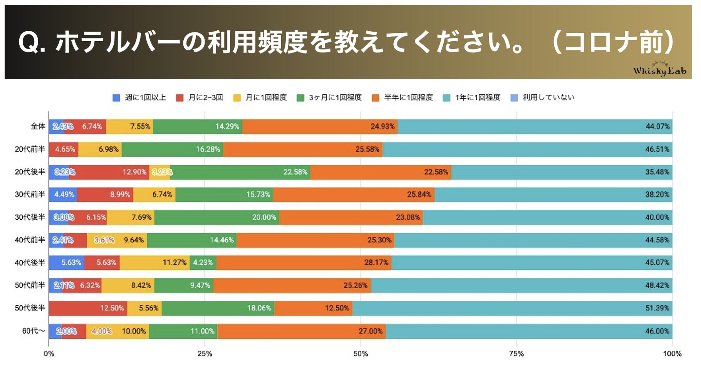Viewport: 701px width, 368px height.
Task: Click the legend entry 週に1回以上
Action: tap(139, 97)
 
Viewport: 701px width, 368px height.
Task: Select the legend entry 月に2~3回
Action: tap(200, 97)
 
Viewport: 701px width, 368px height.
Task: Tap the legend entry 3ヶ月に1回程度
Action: tap(330, 97)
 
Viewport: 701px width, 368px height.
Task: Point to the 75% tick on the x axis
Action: tap(516, 353)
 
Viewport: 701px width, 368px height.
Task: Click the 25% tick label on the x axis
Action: tap(205, 353)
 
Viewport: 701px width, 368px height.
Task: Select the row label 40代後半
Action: tap(30, 262)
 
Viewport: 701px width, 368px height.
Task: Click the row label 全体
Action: tap(38, 126)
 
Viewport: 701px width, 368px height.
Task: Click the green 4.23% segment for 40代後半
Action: tap(203, 262)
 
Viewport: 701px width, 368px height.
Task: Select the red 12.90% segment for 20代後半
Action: tap(109, 172)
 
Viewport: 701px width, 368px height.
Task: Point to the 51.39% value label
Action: tap(657, 308)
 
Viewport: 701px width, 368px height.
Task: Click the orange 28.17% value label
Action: tap(376, 262)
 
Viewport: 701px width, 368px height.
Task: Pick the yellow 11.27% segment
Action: tap(154, 262)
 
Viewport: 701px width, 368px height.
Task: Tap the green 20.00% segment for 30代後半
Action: tap(217, 217)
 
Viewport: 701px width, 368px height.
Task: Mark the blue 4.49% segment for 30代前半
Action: tap(63, 195)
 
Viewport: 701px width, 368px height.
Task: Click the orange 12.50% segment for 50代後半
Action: tap(313, 308)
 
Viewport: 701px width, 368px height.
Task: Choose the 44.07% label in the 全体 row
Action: tap(657, 126)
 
